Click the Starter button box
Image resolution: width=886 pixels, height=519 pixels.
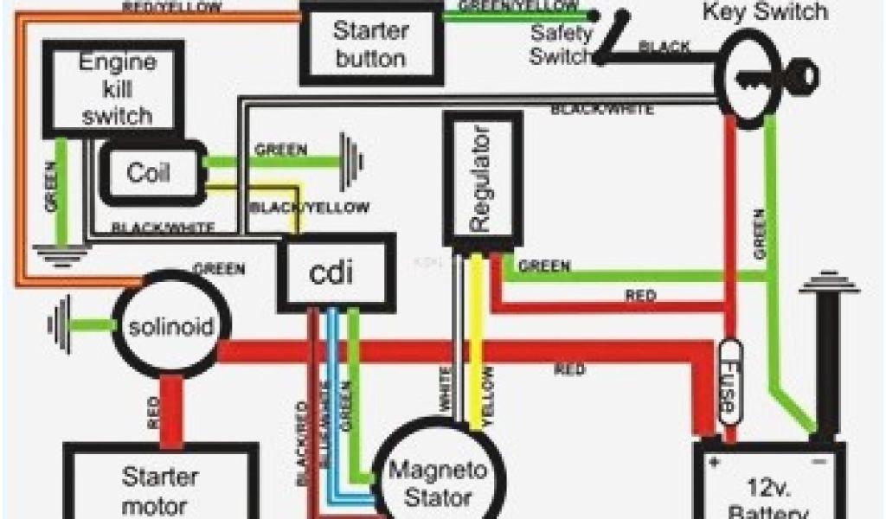coord(369,45)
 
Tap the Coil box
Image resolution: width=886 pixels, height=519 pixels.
coord(151,171)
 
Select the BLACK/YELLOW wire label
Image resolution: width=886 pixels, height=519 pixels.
coord(308,208)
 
